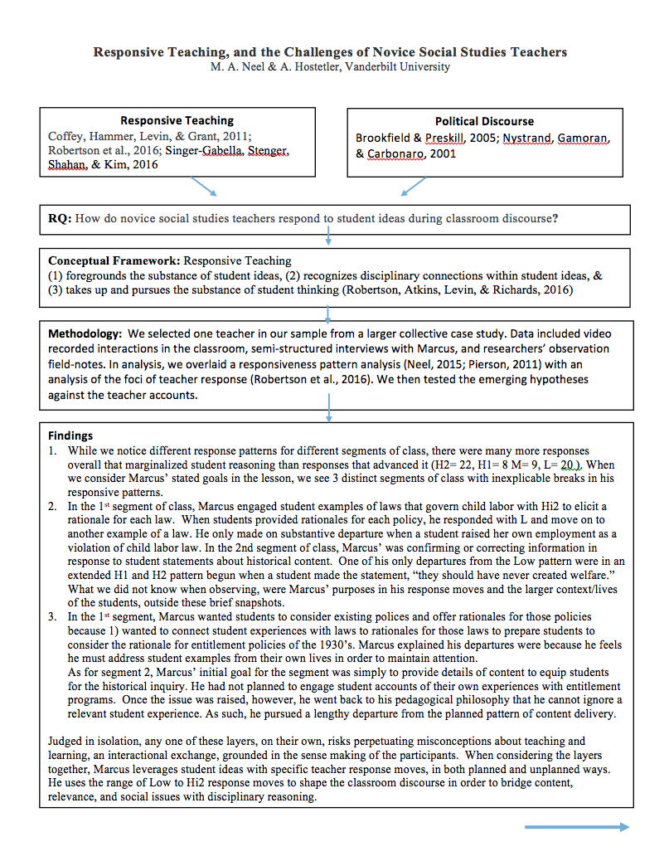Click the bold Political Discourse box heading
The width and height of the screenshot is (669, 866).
coord(484,121)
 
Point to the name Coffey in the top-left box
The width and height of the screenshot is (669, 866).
coord(66,136)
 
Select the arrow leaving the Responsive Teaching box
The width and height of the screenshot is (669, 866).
coord(201,186)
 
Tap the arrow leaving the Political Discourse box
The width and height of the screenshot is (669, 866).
coord(414,187)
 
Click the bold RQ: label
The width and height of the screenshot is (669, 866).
coord(60,219)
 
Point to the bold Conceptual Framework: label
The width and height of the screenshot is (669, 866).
coord(114,260)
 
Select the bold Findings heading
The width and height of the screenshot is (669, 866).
coord(70,435)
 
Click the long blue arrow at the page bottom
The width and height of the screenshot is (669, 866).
coord(576,826)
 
